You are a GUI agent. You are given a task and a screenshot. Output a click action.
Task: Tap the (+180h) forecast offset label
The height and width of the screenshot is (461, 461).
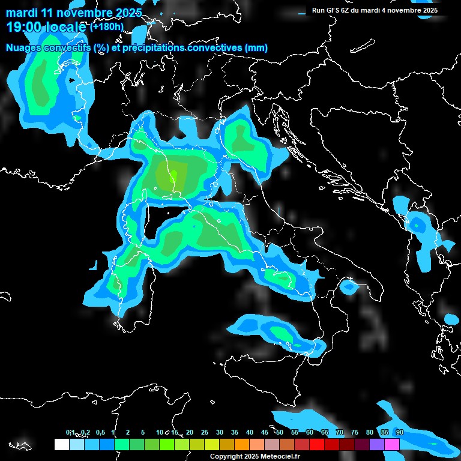pos(106,26)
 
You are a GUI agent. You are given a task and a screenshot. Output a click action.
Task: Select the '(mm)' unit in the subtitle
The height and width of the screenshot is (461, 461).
pos(255,48)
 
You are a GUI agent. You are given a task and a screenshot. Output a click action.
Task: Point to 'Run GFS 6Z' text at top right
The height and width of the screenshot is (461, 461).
pos(333,10)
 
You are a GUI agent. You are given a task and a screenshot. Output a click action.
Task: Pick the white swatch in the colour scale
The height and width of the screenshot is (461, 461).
pos(61,444)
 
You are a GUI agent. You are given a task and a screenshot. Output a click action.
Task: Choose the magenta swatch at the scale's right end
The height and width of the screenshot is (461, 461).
pos(392,444)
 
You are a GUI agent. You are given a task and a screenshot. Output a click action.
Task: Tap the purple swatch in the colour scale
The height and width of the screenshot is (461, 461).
pos(377,444)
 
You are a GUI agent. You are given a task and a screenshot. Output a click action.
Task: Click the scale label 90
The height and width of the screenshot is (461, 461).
pos(399,432)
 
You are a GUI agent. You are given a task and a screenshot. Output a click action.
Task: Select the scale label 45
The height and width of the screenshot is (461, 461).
pos(265,432)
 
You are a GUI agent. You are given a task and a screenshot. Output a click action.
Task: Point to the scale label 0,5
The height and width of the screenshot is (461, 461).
pos(100,432)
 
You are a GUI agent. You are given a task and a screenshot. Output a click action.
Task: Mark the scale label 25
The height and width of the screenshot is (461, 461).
pos(204,432)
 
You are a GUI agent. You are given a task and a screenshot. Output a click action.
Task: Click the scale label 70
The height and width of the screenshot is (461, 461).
pos(340,432)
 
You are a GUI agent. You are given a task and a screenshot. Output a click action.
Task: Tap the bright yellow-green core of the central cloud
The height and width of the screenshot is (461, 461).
pos(173,176)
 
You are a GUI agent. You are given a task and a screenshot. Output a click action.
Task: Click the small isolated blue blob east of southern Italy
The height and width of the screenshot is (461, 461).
pos(348,288)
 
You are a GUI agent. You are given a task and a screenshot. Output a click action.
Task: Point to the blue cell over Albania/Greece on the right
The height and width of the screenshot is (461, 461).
pos(417,224)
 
